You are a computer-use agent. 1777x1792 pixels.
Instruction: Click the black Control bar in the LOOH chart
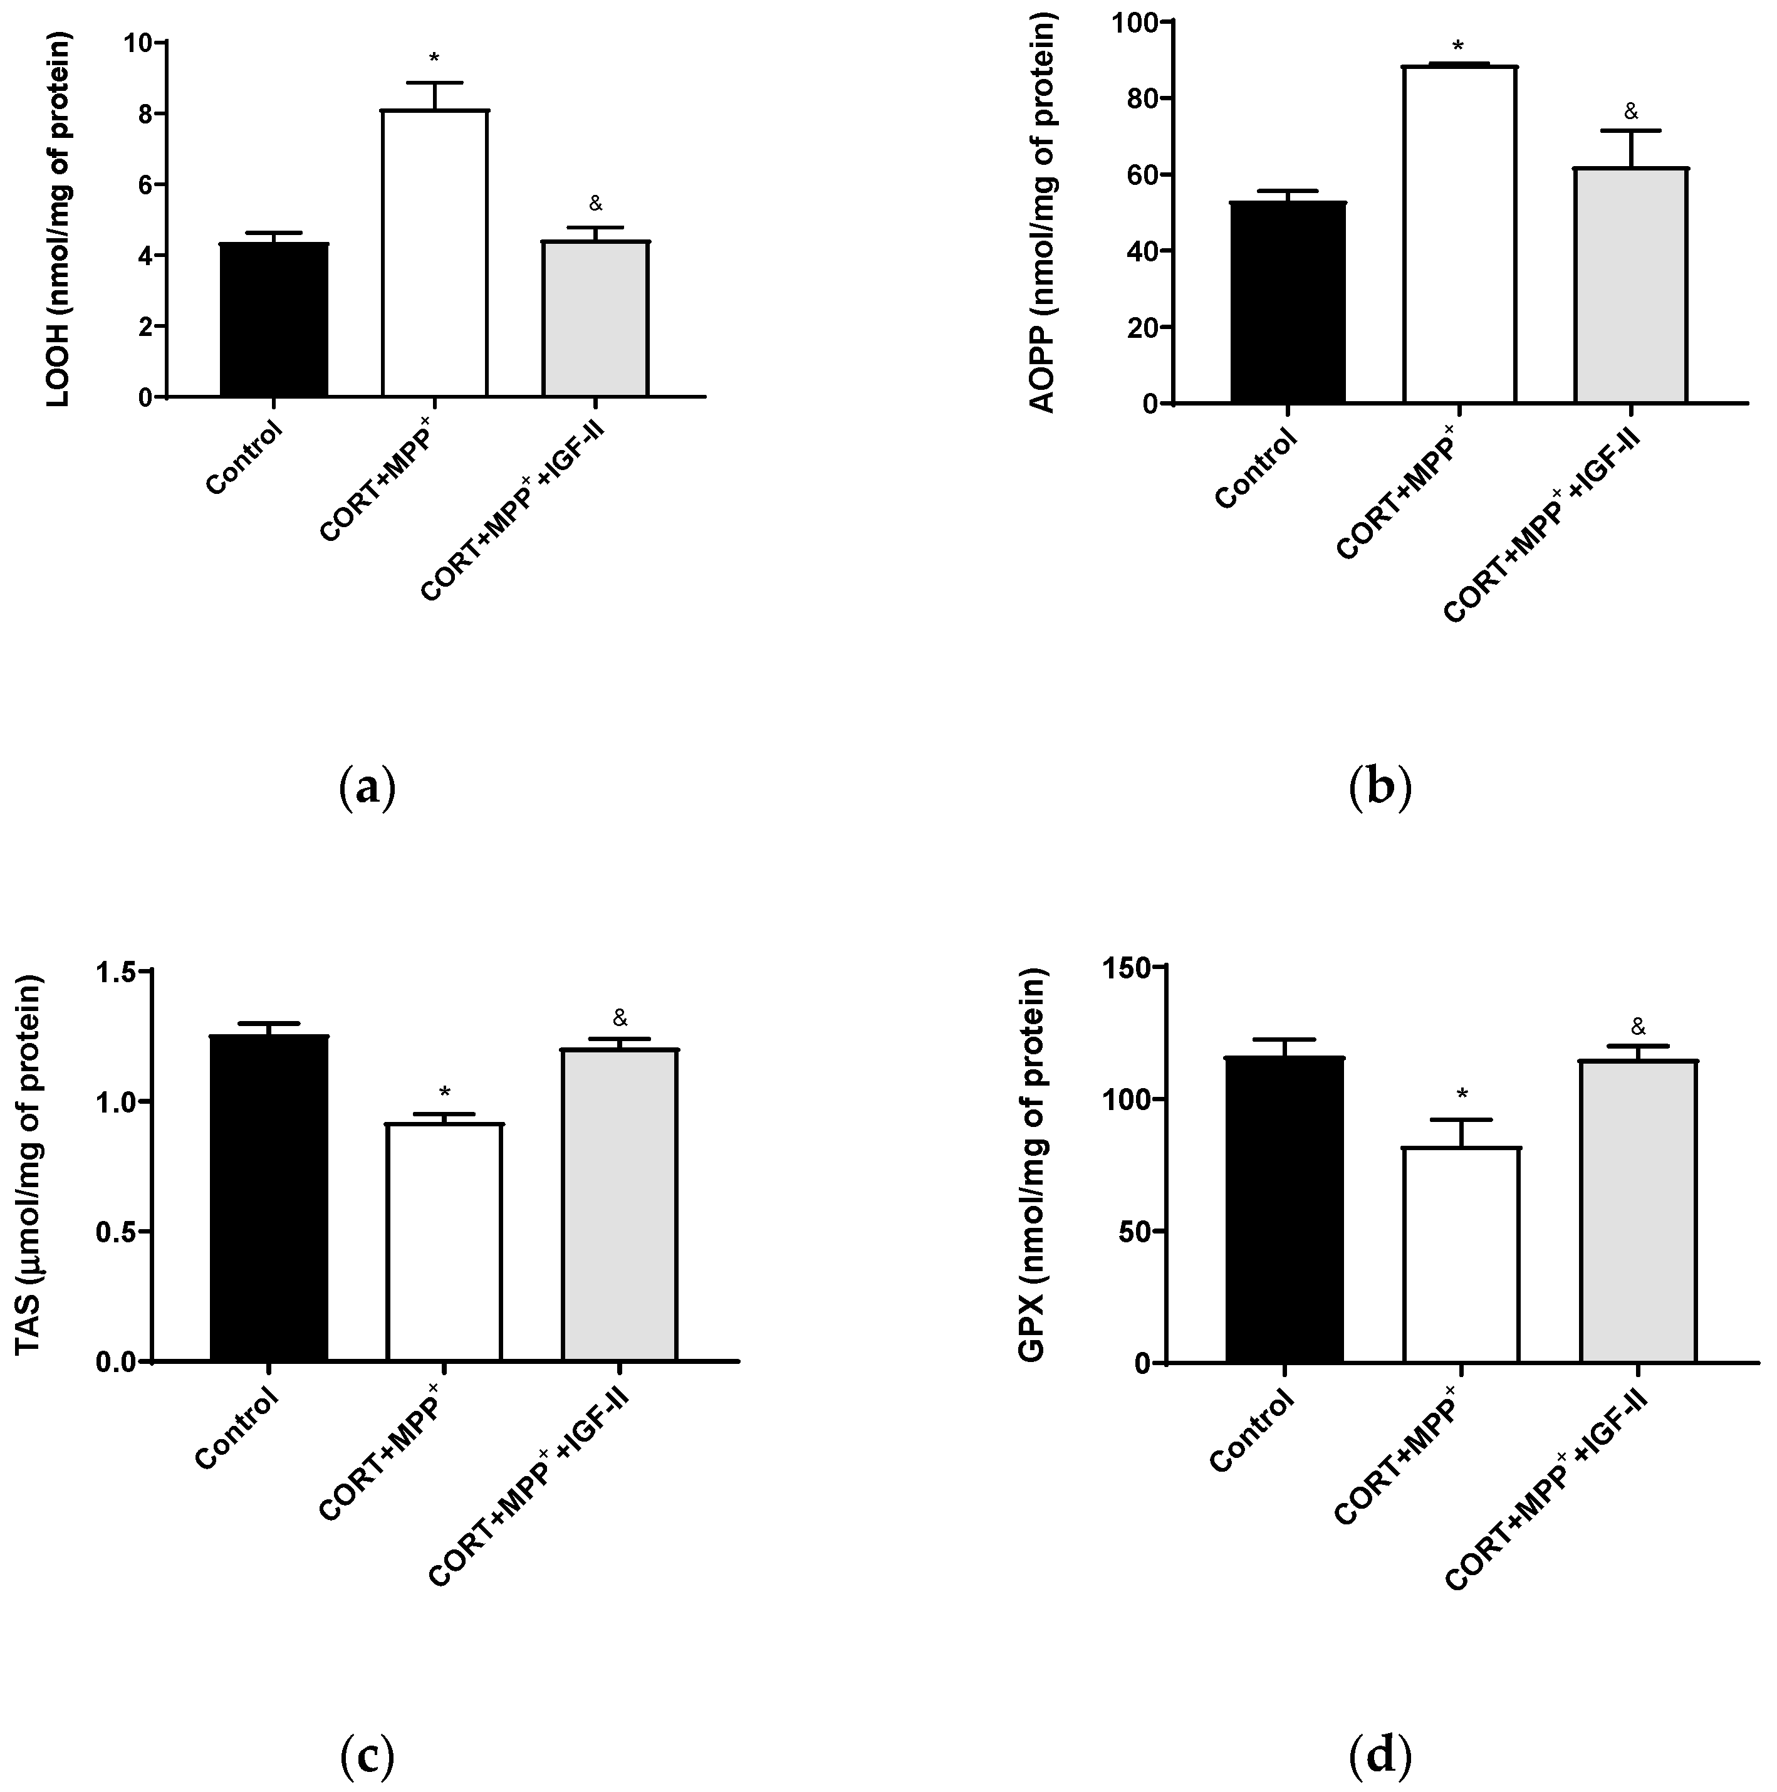point(274,320)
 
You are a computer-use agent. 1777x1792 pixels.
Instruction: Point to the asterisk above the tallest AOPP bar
point(1458,46)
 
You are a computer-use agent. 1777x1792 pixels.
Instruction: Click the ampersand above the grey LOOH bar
point(595,203)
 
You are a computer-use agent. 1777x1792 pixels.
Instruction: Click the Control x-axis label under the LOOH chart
point(243,458)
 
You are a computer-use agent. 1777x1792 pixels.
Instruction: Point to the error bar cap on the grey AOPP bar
point(1630,131)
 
